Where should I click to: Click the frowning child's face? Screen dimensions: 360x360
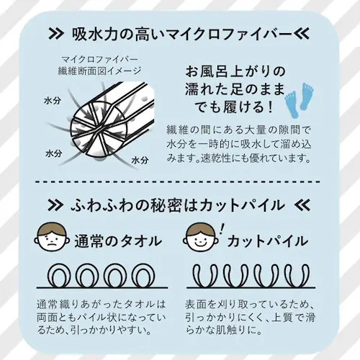(52, 238)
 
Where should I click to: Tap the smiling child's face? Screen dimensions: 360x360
(201, 238)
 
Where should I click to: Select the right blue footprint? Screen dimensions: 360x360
(307, 97)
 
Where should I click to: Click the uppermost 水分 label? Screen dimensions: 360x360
(53, 101)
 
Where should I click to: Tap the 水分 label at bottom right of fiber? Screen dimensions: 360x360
(140, 160)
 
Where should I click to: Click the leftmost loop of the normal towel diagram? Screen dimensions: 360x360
(58, 276)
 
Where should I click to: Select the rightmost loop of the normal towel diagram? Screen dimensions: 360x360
(144, 276)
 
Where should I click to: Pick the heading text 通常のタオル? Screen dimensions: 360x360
(118, 241)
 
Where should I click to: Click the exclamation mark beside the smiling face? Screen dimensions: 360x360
(222, 230)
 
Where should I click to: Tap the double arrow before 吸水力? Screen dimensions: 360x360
(56, 35)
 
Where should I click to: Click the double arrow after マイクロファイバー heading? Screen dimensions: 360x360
(302, 35)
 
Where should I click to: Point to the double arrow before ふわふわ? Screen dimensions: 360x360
(55, 205)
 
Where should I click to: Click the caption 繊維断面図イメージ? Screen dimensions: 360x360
(99, 71)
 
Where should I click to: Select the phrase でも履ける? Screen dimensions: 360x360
(234, 107)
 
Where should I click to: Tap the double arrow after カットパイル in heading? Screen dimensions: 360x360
(302, 205)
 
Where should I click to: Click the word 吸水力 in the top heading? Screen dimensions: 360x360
(95, 35)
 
